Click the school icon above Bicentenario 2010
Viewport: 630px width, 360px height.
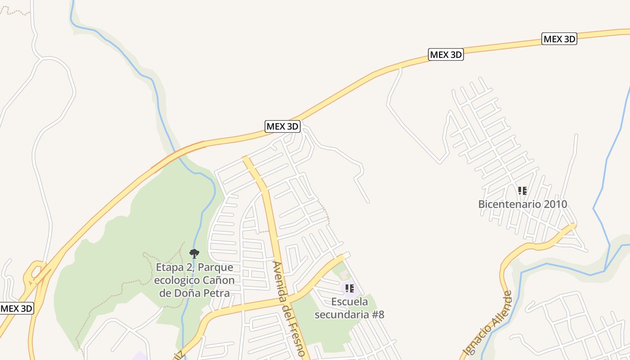pyautogui.click(x=522, y=191)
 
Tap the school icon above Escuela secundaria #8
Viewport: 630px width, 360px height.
pyautogui.click(x=349, y=288)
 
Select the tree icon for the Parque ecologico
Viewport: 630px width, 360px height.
pyautogui.click(x=194, y=253)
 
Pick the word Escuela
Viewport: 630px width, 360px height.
pyautogui.click(x=350, y=301)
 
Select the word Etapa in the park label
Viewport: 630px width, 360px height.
pyautogui.click(x=169, y=267)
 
